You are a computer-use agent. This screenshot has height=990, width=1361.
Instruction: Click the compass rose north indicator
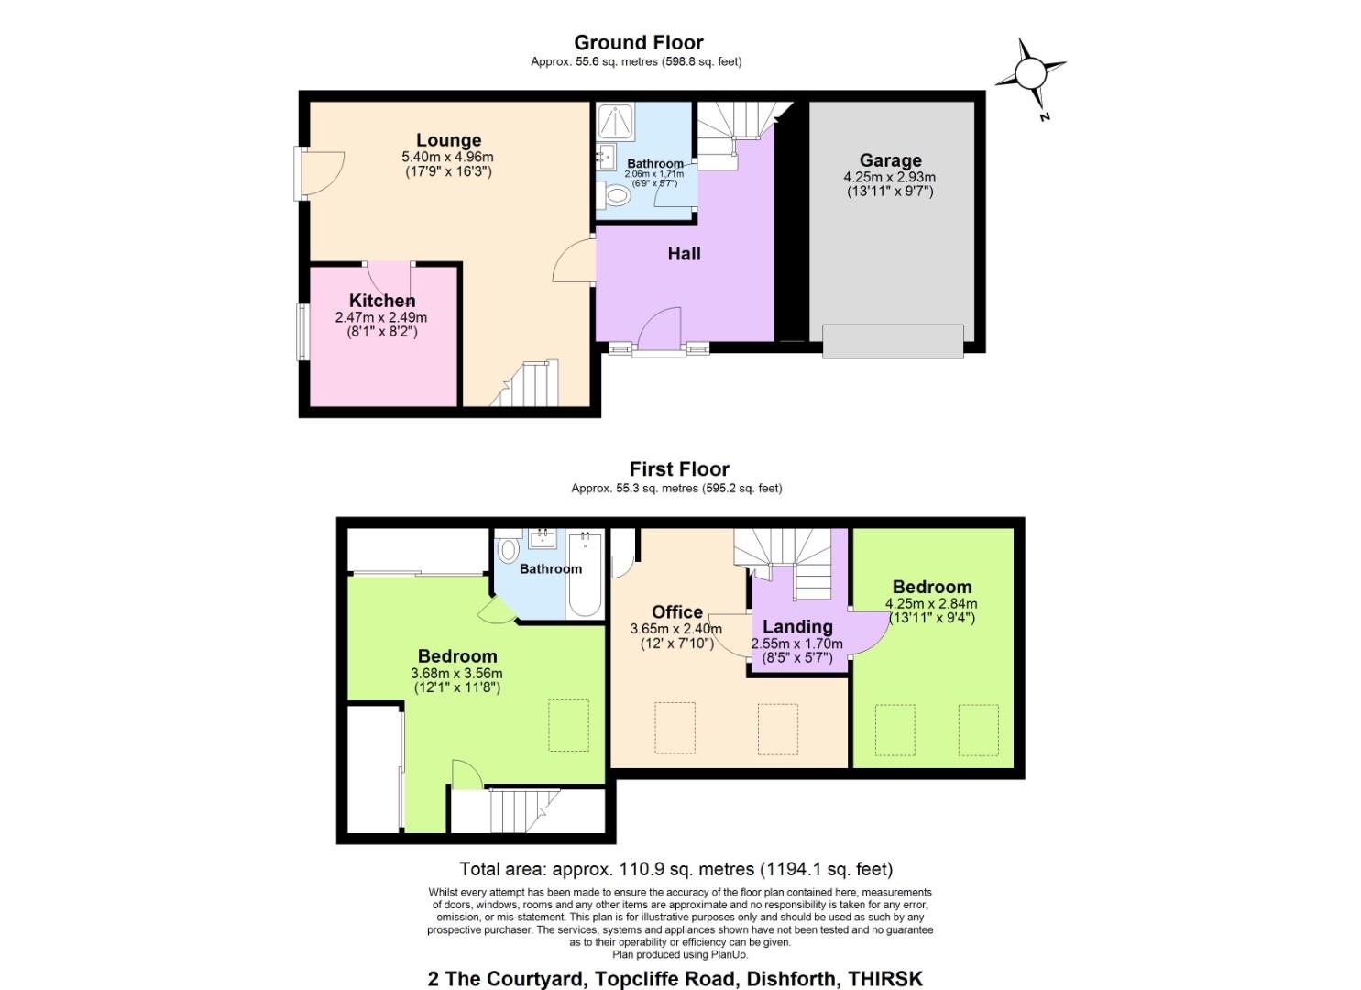1031,74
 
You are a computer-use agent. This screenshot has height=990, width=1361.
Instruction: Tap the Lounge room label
448,140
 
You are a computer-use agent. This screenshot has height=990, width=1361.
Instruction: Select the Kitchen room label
382,301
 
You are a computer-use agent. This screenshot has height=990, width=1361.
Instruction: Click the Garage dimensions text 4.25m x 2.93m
889,178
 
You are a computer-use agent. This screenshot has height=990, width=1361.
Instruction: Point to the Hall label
684,254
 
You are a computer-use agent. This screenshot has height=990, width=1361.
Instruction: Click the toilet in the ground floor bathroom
615,195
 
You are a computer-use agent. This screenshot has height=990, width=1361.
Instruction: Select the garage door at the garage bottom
893,341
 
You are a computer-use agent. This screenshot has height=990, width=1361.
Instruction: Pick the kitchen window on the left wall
301,332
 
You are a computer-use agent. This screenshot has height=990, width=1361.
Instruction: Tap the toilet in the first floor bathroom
508,550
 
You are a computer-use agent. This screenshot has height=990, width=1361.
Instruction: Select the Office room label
677,612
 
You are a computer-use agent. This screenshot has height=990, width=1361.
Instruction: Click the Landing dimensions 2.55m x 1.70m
796,644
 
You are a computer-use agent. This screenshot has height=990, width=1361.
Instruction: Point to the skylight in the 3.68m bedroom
568,726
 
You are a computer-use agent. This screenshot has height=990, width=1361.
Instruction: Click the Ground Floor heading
638,42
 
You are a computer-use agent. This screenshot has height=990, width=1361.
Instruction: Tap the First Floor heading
679,469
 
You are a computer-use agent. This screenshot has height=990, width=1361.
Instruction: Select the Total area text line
675,869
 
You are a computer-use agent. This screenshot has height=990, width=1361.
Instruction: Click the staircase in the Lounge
527,384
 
